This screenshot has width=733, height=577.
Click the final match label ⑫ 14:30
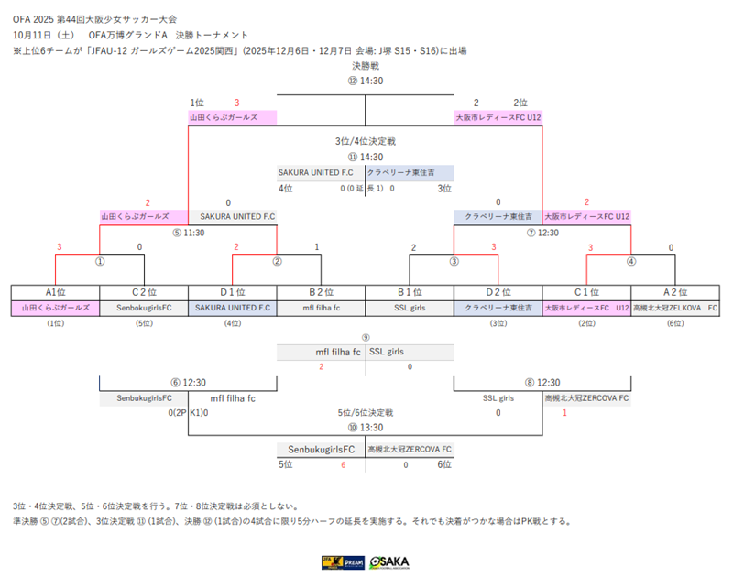click(366, 81)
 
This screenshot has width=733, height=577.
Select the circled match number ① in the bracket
click(99, 261)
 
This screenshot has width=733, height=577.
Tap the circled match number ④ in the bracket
click(631, 261)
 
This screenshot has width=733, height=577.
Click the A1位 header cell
click(55, 292)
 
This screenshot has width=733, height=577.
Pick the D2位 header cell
click(498, 292)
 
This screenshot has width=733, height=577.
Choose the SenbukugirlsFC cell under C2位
click(144, 309)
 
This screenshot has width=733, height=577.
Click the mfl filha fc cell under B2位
click(321, 309)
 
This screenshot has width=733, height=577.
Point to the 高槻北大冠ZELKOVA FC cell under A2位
click(676, 309)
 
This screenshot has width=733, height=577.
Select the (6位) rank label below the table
click(675, 323)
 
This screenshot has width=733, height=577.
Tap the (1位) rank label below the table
click(55, 323)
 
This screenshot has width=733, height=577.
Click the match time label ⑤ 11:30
click(187, 233)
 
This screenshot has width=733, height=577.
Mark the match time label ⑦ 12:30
click(543, 233)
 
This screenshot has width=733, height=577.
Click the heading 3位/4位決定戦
click(366, 142)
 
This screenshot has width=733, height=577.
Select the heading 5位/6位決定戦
click(366, 413)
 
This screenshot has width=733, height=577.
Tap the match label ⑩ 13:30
click(366, 428)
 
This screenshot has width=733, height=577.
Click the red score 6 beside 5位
click(343, 465)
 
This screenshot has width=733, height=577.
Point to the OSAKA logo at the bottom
click(389, 561)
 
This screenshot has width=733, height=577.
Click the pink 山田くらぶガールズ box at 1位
click(233, 118)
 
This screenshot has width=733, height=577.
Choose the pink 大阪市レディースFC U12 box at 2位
click(498, 118)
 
